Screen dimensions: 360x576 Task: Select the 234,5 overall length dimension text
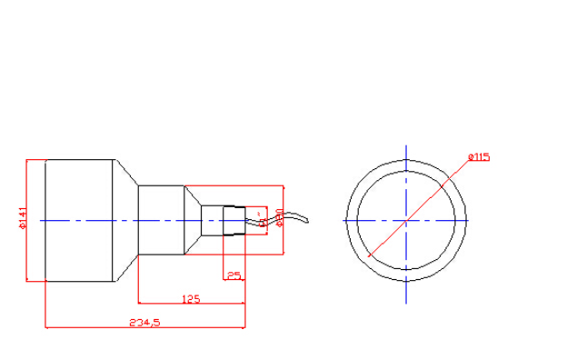click(144, 322)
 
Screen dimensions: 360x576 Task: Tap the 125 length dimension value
click(191, 298)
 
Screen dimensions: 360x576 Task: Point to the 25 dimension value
click(233, 275)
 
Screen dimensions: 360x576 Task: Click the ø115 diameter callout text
click(479, 157)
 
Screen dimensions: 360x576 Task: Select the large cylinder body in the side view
click(80, 221)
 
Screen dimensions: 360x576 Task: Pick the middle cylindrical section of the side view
click(161, 221)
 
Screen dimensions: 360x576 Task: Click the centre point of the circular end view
click(405, 221)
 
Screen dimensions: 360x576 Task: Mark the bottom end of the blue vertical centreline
click(405, 303)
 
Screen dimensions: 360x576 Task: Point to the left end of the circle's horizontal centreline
click(340, 221)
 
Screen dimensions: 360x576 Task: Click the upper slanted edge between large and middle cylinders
click(127, 173)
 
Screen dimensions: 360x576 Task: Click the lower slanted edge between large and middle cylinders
click(127, 269)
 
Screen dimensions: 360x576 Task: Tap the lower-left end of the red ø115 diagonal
click(370, 256)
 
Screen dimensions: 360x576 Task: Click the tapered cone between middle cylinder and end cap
click(193, 221)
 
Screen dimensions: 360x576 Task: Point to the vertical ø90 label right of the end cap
click(281, 216)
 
